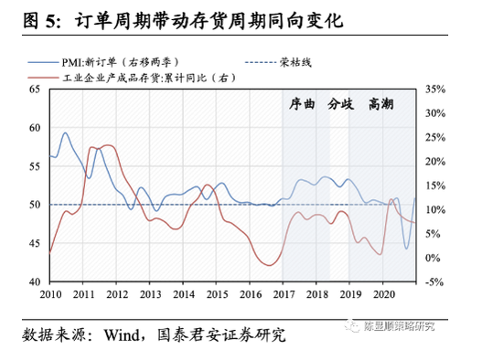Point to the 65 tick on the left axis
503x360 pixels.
click(35, 89)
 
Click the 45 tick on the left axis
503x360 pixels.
click(35, 244)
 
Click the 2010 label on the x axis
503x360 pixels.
click(50, 295)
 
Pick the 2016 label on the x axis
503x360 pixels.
click(249, 295)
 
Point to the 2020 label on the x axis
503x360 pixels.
click(382, 295)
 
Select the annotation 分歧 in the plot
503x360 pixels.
click(340, 102)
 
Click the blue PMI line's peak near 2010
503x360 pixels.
click(65, 133)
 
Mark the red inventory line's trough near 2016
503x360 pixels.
click(269, 265)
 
